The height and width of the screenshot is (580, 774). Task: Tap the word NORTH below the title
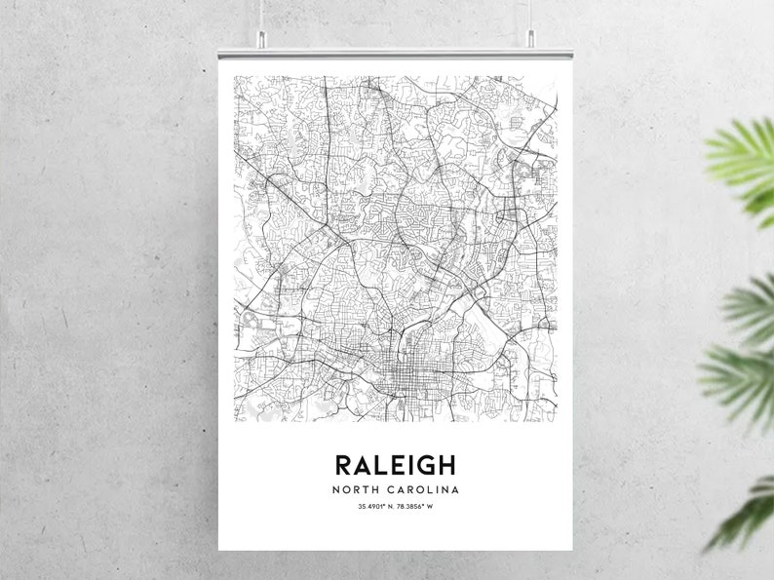356,489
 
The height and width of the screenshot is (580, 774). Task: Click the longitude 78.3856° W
417,507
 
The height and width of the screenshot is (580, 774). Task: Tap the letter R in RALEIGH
344,463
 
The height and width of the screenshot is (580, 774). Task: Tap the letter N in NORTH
336,489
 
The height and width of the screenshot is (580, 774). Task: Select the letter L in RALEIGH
382,463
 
